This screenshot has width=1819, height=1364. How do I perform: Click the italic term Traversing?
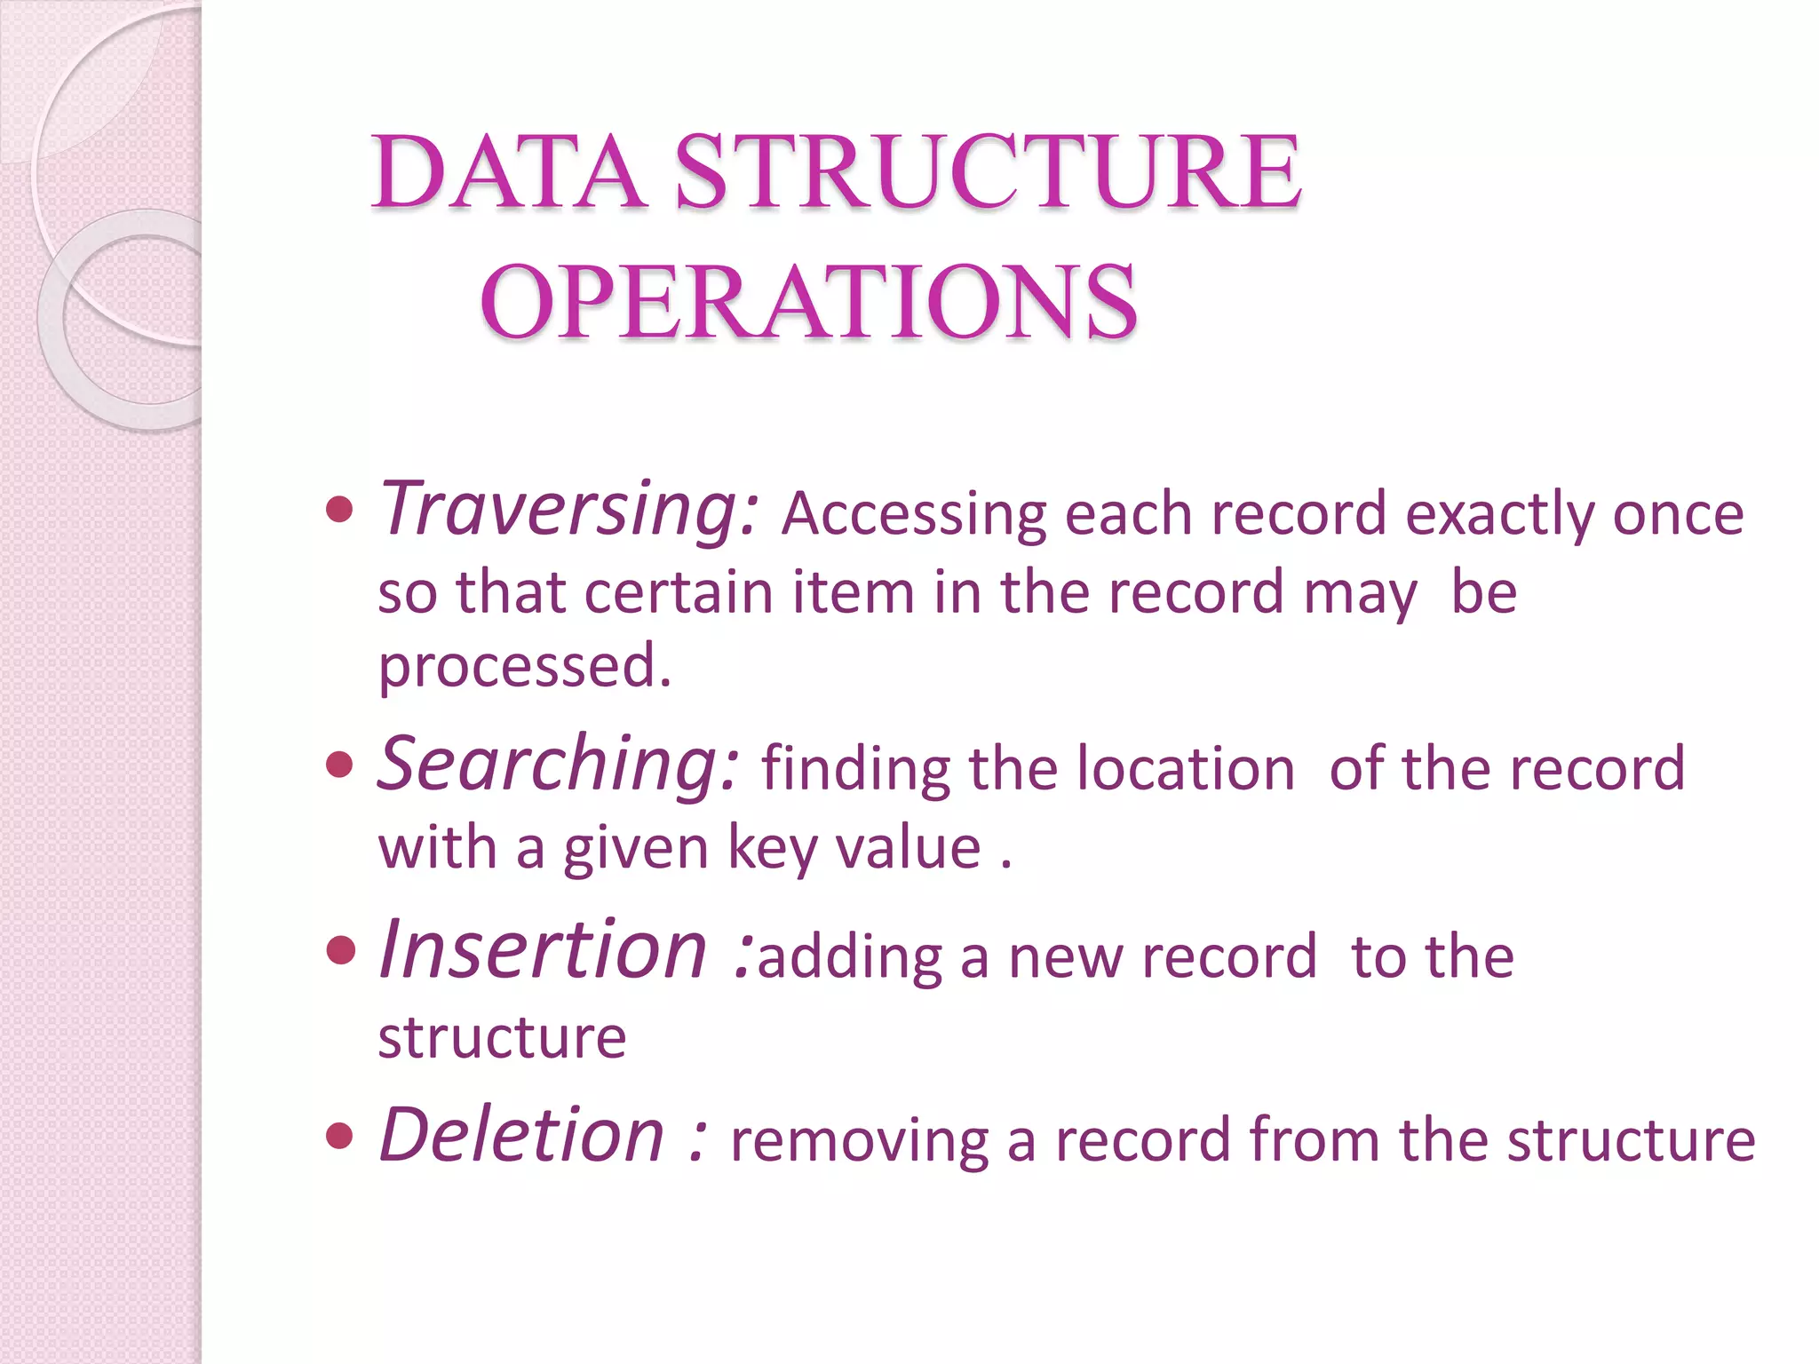coord(568,510)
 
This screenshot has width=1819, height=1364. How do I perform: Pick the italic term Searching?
coord(558,765)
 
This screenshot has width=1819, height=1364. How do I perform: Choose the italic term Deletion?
coord(522,1136)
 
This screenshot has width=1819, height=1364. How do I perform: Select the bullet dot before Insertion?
coord(339,951)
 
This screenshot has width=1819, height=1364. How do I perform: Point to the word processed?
coord(524,668)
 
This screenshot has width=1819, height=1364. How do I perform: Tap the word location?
coord(1186,769)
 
